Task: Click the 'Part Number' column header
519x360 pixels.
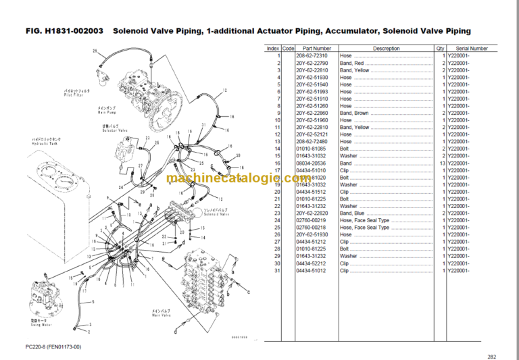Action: [x=317, y=49]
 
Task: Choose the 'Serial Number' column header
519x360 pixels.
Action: [x=471, y=49]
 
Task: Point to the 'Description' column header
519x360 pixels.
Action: [x=386, y=49]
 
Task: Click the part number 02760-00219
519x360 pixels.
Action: [x=310, y=220]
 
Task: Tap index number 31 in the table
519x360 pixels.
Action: [x=277, y=270]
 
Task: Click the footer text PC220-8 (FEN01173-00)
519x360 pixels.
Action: [x=48, y=346]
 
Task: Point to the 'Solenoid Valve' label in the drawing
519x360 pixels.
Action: [x=216, y=213]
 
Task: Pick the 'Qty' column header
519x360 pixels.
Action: [x=440, y=49]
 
